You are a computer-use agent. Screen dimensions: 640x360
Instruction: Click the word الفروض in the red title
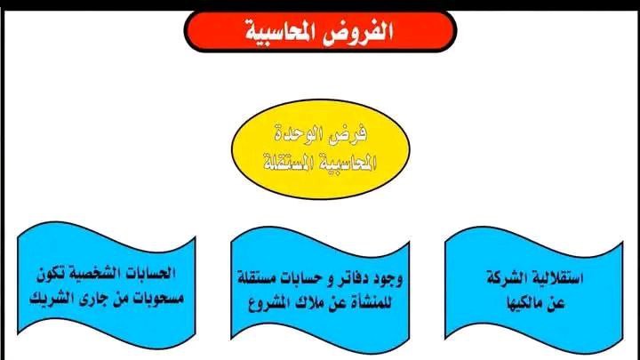(358, 30)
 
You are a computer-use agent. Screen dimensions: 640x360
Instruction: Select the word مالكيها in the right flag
(524, 303)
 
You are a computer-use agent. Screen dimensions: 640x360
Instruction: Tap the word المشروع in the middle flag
(268, 303)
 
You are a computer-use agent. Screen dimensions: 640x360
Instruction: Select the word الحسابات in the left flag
(150, 273)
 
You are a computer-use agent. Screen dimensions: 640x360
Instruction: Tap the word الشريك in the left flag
(49, 298)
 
